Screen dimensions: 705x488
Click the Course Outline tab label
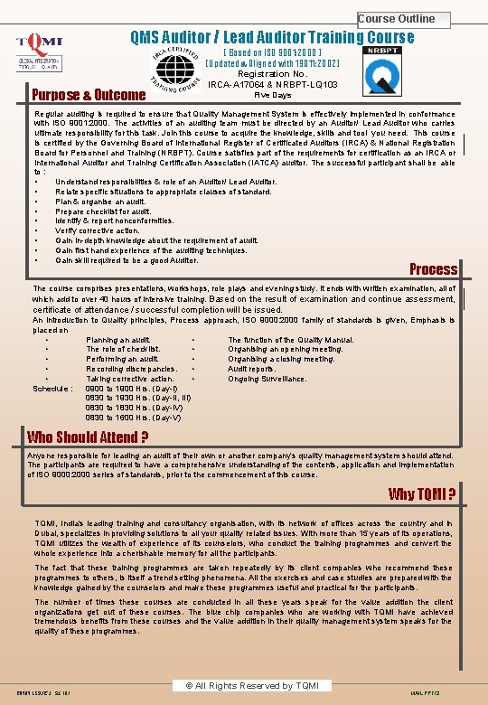(x=396, y=19)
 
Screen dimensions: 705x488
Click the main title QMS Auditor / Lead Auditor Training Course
(x=272, y=38)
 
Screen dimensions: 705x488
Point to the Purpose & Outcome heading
(x=89, y=95)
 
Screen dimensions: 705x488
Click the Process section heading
(x=434, y=268)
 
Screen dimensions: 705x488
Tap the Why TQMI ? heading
(x=422, y=493)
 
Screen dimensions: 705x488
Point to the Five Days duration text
(x=273, y=95)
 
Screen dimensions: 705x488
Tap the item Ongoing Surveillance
(x=267, y=379)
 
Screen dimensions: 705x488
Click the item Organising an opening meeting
(x=286, y=349)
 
